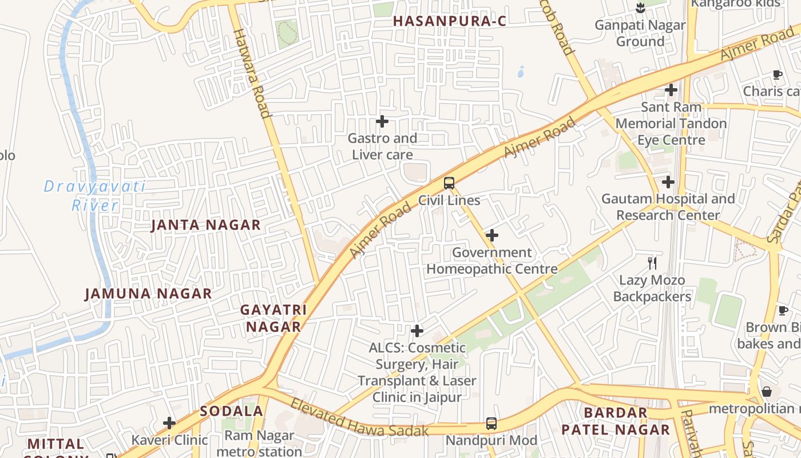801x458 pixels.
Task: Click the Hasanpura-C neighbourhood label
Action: (450, 21)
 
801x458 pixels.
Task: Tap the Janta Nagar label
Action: (205, 225)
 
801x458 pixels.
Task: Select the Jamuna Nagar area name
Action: (148, 294)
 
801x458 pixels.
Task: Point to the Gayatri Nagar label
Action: (273, 318)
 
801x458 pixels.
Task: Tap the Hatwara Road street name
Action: (251, 73)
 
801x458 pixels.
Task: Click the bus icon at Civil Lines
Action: (449, 183)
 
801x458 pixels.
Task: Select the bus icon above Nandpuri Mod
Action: (491, 424)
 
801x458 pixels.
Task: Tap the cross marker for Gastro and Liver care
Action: (382, 121)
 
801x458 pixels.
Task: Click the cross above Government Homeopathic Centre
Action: (491, 235)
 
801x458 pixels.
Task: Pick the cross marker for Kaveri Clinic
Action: (169, 423)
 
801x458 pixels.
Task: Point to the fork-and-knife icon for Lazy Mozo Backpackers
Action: (652, 263)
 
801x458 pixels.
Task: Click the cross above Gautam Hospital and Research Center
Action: (668, 182)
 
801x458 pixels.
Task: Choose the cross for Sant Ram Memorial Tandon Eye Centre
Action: (671, 90)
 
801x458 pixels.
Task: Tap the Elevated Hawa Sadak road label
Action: (359, 417)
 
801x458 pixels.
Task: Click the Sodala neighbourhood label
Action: (231, 411)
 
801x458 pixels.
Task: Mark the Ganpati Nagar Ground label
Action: (640, 33)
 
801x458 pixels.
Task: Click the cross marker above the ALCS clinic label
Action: (417, 330)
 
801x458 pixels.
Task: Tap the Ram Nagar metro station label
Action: (259, 443)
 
